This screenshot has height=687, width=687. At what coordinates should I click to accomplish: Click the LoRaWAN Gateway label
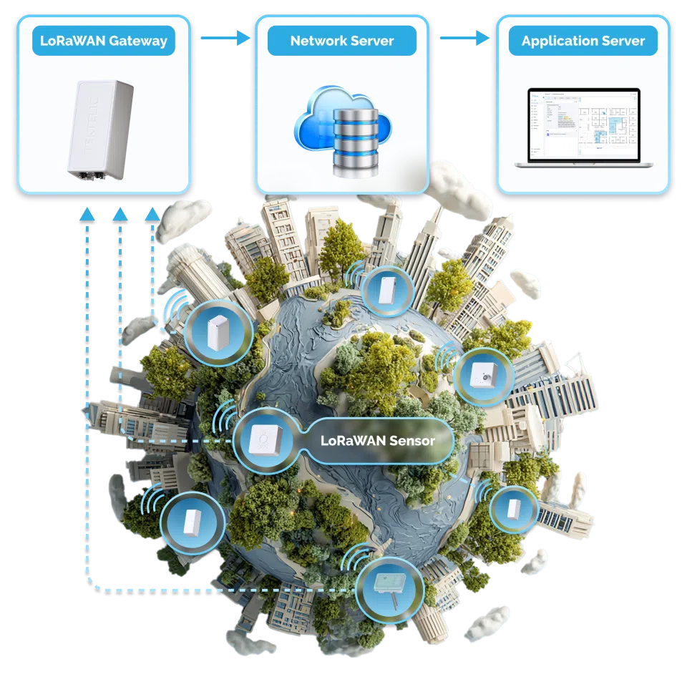pyautogui.click(x=104, y=41)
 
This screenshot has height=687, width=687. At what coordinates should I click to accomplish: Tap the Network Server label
pyautogui.click(x=342, y=41)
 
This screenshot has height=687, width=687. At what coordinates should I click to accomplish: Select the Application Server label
pyautogui.click(x=583, y=41)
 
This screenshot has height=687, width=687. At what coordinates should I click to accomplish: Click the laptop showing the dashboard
pyautogui.click(x=583, y=129)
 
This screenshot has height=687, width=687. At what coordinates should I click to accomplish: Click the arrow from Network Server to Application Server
pyautogui.click(x=464, y=40)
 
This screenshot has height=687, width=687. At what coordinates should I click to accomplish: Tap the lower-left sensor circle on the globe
pyautogui.click(x=190, y=522)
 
